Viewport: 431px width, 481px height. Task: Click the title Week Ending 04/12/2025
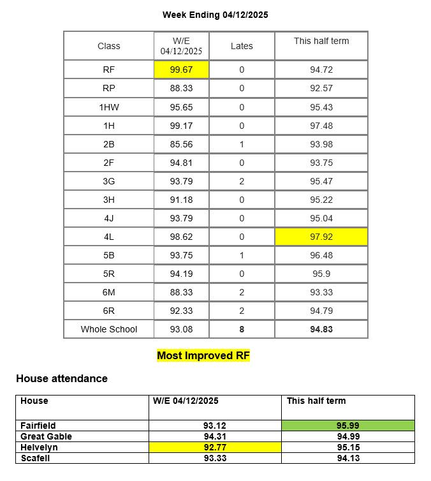coord(215,15)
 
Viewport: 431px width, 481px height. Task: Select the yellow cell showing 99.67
coord(181,70)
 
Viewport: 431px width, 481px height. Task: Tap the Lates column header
coord(242,46)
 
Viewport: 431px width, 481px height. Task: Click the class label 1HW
coord(108,107)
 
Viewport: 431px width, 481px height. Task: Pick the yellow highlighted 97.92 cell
coord(321,237)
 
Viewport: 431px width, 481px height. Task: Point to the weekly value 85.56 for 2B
coord(181,144)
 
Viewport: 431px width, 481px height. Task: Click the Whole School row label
coord(108,329)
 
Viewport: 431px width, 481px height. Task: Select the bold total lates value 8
coord(242,329)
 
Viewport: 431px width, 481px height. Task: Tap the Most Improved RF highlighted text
coord(203,355)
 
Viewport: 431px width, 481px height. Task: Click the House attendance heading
coord(62,378)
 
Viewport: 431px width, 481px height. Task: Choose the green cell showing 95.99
coord(348,426)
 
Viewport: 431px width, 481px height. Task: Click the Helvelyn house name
coord(39,447)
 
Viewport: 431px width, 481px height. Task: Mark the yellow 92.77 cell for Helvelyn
coord(215,447)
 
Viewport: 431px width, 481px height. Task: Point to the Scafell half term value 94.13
coord(348,458)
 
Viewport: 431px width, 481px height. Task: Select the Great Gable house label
coord(46,436)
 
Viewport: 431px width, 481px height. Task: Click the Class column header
coord(108,46)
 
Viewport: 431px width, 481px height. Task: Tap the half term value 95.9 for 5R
coord(321,274)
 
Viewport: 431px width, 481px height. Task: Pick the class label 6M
coord(108,292)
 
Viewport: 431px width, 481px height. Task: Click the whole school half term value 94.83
coord(321,329)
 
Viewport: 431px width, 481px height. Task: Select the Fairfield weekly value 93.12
coord(215,426)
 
